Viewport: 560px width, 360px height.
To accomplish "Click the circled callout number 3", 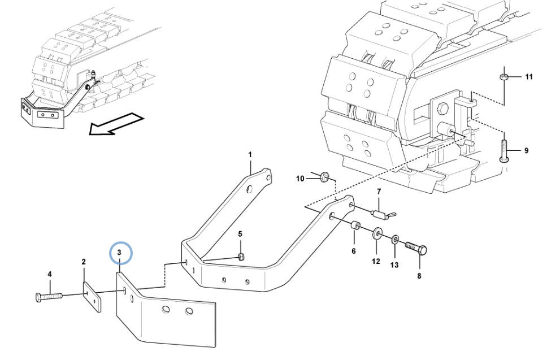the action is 119,253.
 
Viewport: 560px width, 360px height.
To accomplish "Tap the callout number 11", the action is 528,77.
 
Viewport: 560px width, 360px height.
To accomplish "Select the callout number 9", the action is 526,151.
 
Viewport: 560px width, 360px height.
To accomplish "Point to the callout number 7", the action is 379,192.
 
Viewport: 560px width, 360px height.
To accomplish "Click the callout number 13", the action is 394,265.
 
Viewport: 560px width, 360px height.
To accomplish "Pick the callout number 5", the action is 240,234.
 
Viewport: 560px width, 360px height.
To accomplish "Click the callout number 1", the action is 250,155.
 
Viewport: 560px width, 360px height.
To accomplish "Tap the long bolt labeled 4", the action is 49,297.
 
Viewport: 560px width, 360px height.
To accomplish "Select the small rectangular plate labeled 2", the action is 92,297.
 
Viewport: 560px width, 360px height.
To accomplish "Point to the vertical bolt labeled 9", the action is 504,150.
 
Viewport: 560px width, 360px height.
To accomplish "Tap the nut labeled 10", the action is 324,176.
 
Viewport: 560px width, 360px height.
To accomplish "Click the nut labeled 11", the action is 504,77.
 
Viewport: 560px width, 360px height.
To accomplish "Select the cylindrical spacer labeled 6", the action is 355,227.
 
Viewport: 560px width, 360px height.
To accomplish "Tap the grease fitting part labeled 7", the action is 383,215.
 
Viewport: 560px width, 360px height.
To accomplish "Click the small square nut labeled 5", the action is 241,257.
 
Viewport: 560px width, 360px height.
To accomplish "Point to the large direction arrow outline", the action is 115,124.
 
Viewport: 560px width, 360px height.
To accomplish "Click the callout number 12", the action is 376,262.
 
